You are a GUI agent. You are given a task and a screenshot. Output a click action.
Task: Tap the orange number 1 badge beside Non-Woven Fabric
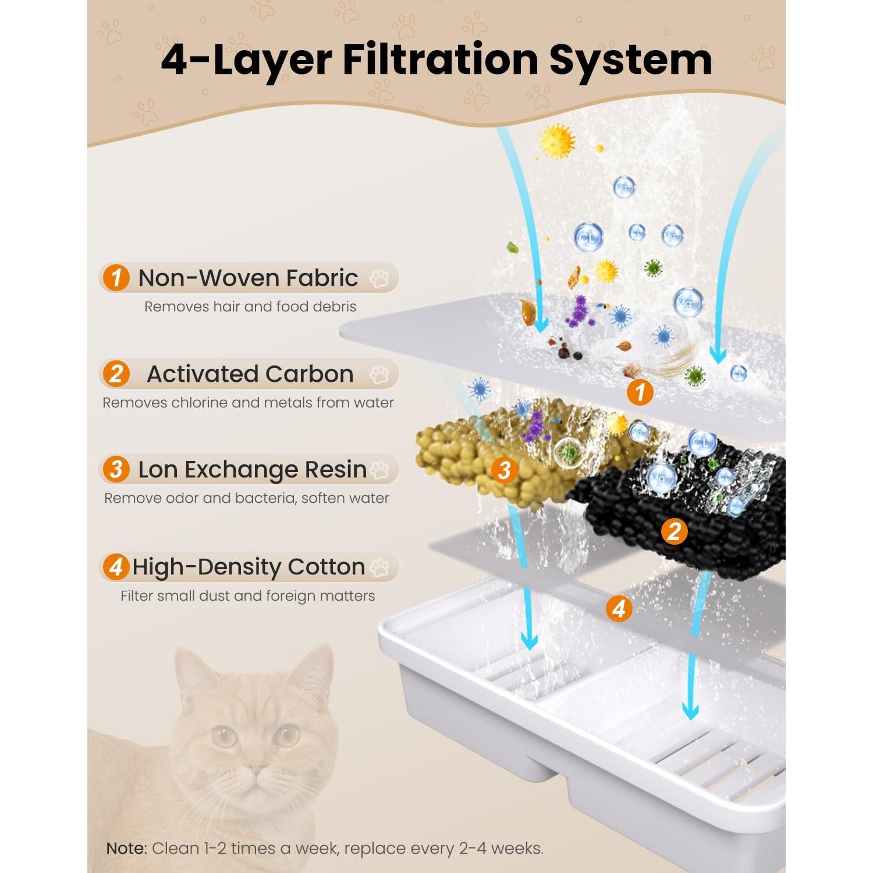point(116,278)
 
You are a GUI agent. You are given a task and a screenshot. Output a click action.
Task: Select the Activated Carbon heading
point(250,374)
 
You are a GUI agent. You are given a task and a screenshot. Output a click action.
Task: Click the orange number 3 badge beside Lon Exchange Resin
point(116,469)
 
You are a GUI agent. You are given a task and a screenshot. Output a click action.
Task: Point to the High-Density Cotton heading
point(249,566)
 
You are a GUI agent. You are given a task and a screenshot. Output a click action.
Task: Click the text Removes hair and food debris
point(250,307)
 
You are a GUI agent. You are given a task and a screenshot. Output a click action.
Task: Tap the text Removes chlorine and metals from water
point(248,403)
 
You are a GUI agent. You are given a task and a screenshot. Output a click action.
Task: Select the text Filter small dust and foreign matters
point(247,596)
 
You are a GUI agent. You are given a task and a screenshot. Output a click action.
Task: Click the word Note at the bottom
point(126,849)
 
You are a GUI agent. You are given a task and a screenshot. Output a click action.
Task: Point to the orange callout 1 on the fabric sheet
point(640,392)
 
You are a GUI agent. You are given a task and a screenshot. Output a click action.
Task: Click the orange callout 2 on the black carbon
point(674,531)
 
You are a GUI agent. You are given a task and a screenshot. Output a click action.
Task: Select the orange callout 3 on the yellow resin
point(504,470)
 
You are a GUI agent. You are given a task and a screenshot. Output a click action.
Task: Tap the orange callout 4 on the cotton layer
point(619,609)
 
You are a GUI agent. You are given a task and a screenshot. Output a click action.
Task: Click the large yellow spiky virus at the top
point(557,141)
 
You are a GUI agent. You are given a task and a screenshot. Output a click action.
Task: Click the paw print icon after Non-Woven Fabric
point(379,278)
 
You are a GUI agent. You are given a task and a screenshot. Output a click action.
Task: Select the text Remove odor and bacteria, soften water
point(246,498)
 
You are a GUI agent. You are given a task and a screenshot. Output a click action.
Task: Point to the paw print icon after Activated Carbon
point(379,374)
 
